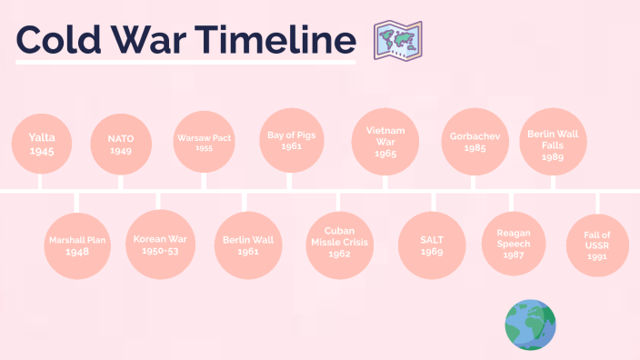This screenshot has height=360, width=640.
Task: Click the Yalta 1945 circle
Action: pos(42,144)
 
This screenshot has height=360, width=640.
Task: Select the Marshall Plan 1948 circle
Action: pos(77,245)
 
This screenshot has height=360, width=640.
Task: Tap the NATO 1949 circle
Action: pos(120,144)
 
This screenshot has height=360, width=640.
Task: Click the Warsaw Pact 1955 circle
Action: pos(204,142)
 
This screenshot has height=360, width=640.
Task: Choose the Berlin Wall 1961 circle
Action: pos(247,244)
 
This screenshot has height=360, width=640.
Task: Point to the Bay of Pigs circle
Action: pos(291,140)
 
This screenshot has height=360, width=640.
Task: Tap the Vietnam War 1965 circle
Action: pos(385,142)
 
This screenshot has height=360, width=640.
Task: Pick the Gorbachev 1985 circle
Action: pos(473,142)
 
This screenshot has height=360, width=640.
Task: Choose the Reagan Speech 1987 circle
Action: pos(513,244)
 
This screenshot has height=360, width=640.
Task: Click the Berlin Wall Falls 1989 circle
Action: pos(552,144)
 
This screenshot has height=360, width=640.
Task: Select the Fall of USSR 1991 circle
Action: pos(597,245)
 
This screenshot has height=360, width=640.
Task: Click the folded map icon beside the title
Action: pos(397,42)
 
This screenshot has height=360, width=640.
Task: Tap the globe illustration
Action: pos(530,325)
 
